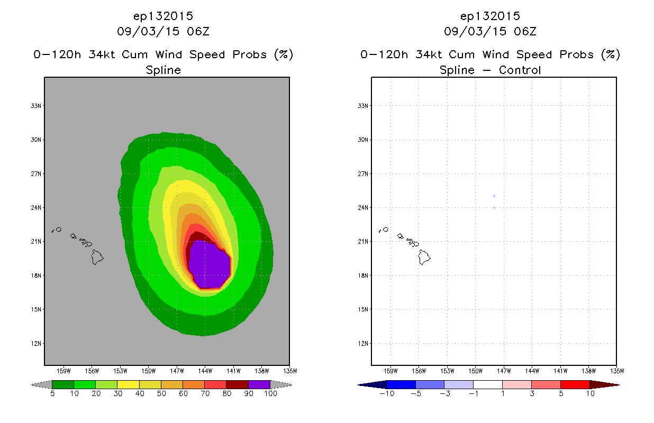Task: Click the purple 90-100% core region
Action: (x=210, y=264)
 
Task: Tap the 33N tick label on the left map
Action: (x=36, y=106)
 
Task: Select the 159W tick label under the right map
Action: (x=390, y=371)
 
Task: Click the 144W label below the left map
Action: (x=205, y=371)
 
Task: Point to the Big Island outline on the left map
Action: (x=97, y=257)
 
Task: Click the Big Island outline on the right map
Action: (x=424, y=257)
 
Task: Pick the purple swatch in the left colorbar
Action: (x=259, y=384)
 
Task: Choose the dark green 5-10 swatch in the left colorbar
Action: (x=63, y=384)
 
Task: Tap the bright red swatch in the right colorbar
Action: (x=575, y=384)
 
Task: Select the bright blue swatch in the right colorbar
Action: (x=401, y=384)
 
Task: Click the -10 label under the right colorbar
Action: (x=387, y=394)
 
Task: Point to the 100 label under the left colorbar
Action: (x=270, y=394)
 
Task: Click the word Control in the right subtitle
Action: (x=520, y=70)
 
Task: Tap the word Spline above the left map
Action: (x=163, y=70)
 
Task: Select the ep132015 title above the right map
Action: (x=490, y=16)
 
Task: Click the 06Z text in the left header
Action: (x=198, y=32)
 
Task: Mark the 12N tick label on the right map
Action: (x=363, y=343)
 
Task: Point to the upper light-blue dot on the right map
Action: (x=494, y=196)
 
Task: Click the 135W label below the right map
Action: (x=617, y=371)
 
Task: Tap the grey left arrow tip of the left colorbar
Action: (x=31, y=385)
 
